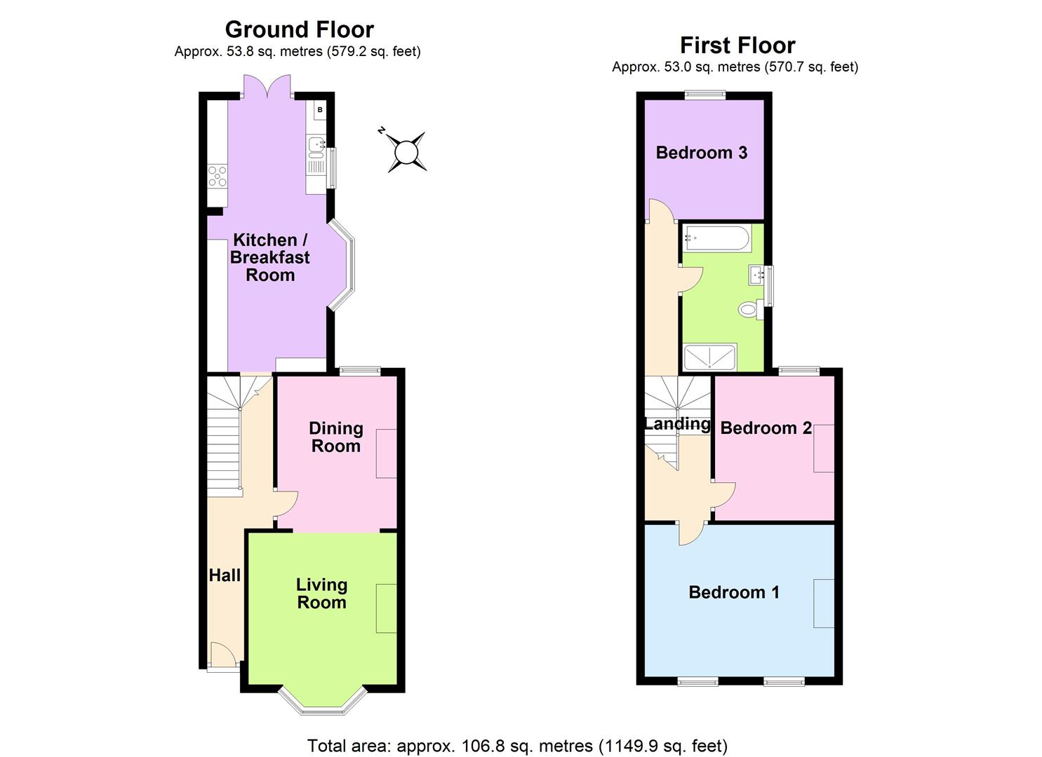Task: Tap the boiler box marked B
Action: point(320,109)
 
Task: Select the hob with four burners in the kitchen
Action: point(218,175)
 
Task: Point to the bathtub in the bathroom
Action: point(716,239)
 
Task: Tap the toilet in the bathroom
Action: point(750,308)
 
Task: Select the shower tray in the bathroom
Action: point(709,357)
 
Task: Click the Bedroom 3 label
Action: point(701,153)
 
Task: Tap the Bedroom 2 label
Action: point(766,428)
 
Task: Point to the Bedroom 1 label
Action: point(734,592)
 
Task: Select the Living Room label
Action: point(321,594)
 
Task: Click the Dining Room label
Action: point(336,437)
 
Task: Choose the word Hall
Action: point(225,575)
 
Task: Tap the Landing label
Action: point(676,423)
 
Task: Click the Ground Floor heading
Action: point(299,29)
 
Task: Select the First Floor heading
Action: point(737,46)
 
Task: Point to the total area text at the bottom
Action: point(517,746)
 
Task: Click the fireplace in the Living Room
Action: point(387,608)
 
